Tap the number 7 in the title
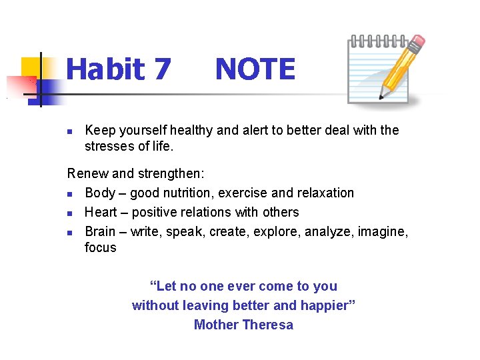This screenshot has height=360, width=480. click(x=161, y=69)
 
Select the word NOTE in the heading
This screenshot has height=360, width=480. click(x=255, y=69)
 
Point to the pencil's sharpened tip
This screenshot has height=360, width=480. click(x=381, y=97)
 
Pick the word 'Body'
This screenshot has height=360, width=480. click(x=100, y=193)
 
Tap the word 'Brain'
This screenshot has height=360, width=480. click(x=101, y=231)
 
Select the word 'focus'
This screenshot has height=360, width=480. click(x=100, y=247)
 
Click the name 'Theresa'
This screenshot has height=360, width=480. click(x=268, y=325)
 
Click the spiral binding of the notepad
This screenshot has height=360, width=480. click(x=377, y=40)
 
